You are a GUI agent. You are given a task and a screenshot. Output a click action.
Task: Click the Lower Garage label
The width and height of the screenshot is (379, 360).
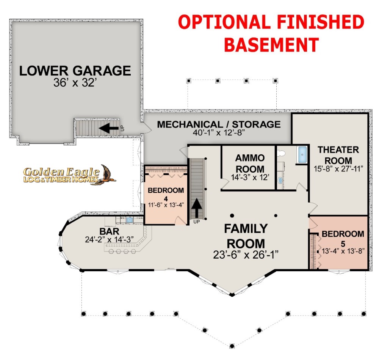click(75, 71)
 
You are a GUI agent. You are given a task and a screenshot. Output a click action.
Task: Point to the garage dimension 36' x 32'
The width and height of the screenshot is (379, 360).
click(75, 83)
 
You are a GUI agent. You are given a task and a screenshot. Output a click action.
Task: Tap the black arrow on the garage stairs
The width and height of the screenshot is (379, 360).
click(109, 128)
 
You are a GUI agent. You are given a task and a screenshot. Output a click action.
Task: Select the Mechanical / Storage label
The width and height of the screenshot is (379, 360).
click(219, 124)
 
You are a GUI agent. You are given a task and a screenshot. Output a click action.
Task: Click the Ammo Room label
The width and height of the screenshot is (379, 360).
click(250, 163)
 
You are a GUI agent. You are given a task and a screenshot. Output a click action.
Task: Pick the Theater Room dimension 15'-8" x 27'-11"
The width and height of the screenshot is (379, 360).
click(338, 169)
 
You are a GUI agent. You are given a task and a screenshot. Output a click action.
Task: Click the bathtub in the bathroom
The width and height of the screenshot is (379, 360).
click(302, 155)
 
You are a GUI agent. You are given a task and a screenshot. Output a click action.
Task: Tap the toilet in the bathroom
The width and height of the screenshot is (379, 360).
click(281, 153)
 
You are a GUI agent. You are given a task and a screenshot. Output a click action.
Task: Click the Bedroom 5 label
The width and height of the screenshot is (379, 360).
click(343, 238)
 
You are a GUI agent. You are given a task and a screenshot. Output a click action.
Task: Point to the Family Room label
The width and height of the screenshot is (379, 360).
click(246, 236)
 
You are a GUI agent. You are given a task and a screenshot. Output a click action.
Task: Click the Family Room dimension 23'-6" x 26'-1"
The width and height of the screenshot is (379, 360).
click(246, 255)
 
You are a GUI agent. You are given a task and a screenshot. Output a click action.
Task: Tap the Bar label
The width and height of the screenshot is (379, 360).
click(109, 231)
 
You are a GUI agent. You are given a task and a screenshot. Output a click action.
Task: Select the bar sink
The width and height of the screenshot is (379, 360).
click(130, 220)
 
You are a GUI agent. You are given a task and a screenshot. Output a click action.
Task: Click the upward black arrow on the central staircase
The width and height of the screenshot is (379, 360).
click(197, 208)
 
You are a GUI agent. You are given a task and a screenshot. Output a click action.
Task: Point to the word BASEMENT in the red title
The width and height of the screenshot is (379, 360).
click(271, 45)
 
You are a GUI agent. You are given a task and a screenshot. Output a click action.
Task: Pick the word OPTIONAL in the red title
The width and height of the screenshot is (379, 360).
click(224, 22)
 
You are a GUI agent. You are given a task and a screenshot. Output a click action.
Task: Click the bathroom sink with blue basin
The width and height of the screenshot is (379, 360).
click(280, 180)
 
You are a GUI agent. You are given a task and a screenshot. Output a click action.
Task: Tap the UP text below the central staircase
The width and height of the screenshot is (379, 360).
click(196, 222)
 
